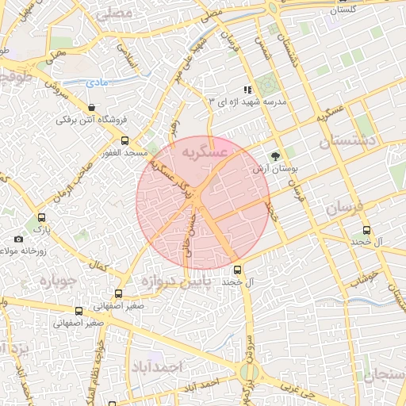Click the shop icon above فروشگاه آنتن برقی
[94, 108]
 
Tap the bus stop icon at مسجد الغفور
[107, 138]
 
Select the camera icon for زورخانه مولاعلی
[19, 239]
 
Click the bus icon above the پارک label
[41, 217]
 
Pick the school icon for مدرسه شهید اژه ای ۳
[247, 90]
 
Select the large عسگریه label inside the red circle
[205, 151]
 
